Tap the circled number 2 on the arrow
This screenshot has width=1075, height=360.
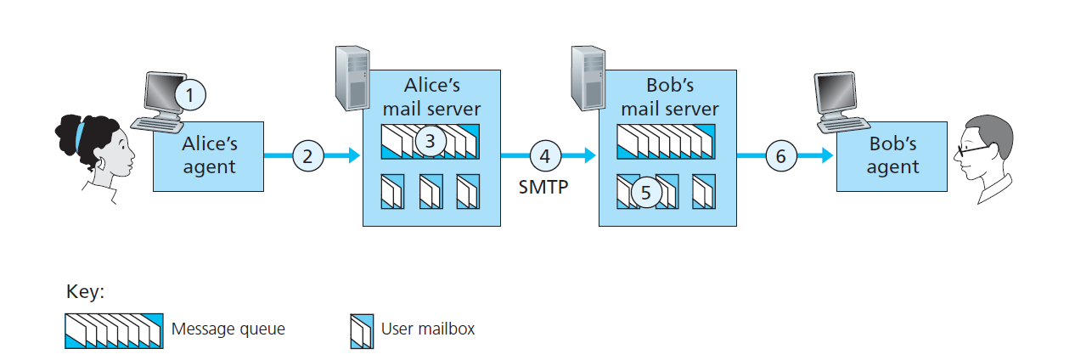tap(308, 156)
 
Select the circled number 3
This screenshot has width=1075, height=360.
tap(431, 141)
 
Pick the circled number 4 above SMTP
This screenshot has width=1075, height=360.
tap(545, 156)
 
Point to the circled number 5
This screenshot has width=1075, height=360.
tap(645, 192)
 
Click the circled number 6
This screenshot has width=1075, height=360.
tap(781, 156)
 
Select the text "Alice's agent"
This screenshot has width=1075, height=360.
tap(208, 155)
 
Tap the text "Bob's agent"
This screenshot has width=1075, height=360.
tap(892, 155)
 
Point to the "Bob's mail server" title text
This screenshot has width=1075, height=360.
tap(669, 98)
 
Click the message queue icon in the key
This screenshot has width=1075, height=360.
tap(113, 329)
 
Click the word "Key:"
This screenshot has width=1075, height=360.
tap(85, 292)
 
